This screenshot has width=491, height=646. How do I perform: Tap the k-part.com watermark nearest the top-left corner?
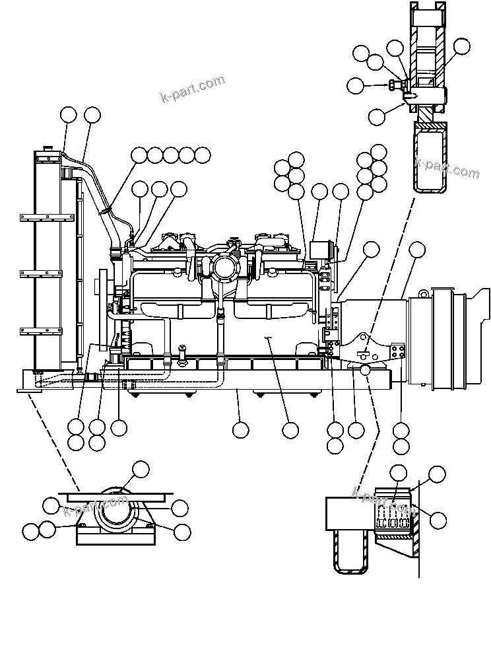click(x=192, y=89)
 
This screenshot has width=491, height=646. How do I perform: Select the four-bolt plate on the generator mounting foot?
click(x=397, y=351)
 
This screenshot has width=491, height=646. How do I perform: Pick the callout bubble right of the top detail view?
click(x=462, y=46)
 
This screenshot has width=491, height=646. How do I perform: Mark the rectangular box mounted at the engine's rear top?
click(x=320, y=252)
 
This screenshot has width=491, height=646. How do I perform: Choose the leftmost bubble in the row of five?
click(x=139, y=155)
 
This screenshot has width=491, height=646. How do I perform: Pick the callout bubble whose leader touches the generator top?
click(x=417, y=249)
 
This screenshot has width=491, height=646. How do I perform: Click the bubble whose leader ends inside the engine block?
click(x=290, y=430)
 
